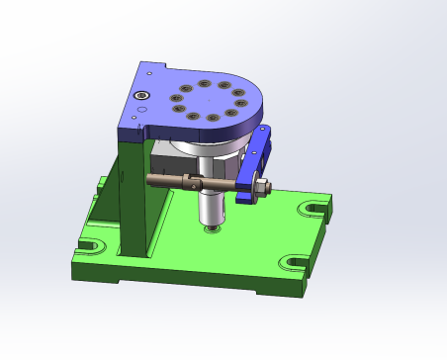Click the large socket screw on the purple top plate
point(142,95)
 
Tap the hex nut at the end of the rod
point(264,187)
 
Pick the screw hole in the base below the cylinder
point(211,229)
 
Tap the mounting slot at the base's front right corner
point(295,263)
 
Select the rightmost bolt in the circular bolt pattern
point(241,103)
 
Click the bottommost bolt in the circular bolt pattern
point(214,119)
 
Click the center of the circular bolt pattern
point(209,101)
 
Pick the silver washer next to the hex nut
point(254,187)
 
